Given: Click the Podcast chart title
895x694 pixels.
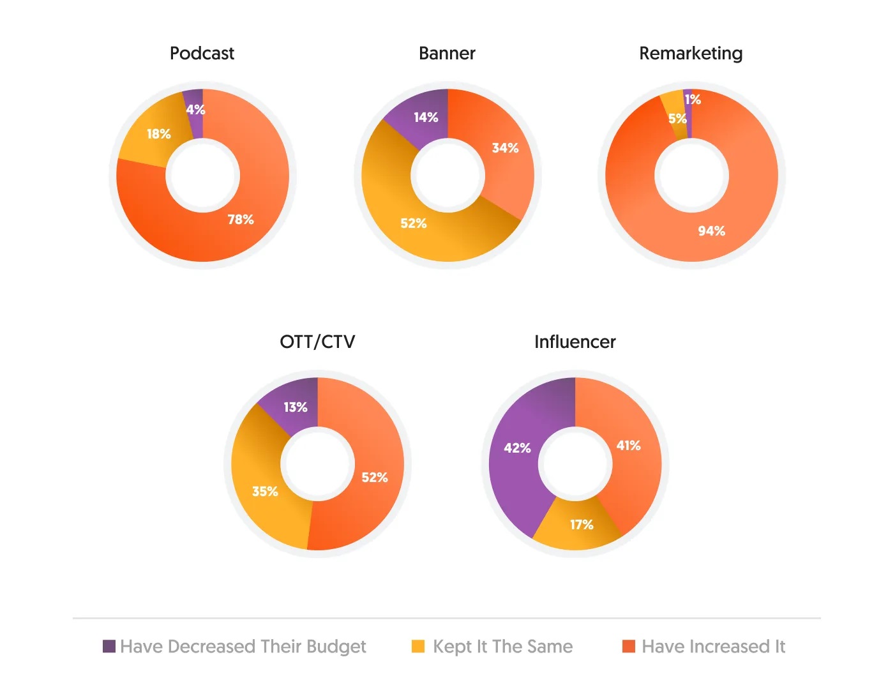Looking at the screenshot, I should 202,54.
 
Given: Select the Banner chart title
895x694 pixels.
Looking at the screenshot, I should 447,54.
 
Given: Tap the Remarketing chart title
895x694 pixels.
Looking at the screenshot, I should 691,54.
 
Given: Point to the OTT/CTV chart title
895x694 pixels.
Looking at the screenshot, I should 317,342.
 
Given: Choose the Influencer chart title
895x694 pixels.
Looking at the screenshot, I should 575,342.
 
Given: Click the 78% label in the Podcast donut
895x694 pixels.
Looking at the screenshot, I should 241,220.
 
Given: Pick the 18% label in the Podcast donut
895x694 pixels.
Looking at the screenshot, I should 159,134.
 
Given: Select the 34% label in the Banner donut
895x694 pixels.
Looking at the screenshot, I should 505,148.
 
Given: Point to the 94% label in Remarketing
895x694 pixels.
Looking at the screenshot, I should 711,231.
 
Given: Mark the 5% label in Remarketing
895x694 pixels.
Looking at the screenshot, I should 677,119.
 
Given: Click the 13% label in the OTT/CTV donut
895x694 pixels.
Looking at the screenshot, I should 296,407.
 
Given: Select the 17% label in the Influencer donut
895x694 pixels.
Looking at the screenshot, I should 582,525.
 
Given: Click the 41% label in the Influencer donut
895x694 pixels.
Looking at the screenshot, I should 628,446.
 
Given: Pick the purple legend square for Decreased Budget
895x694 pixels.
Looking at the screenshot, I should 109,646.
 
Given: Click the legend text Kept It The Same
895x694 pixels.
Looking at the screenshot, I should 502,647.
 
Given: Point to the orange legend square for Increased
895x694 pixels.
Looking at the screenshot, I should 629,646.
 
